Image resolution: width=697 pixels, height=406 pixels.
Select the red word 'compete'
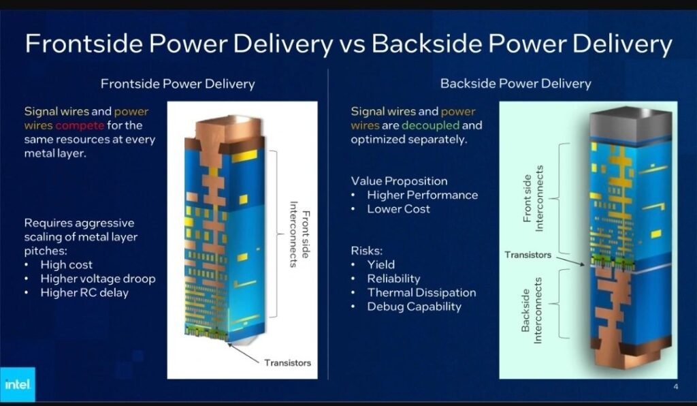pyautogui.click(x=80, y=125)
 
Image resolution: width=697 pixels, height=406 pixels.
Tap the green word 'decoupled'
pyautogui.click(x=430, y=125)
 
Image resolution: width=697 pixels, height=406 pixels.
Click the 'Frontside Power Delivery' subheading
pyautogui.click(x=178, y=84)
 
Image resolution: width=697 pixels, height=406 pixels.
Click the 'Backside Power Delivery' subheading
pyautogui.click(x=515, y=84)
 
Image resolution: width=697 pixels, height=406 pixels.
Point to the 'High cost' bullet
pyautogui.click(x=66, y=264)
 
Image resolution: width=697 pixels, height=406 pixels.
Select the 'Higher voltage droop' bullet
pyautogui.click(x=97, y=279)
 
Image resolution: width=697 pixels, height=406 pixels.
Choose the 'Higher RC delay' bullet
pyautogui.click(x=84, y=293)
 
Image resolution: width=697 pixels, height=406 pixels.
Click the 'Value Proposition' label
pyautogui.click(x=399, y=181)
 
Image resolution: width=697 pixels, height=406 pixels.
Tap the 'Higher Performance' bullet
pyautogui.click(x=422, y=195)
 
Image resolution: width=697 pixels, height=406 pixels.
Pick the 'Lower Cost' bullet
pyautogui.click(x=398, y=209)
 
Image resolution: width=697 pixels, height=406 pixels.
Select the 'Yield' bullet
pyautogui.click(x=380, y=264)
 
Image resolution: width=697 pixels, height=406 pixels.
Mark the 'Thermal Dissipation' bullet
pyautogui.click(x=421, y=292)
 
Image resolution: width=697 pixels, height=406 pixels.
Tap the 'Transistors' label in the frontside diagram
pyautogui.click(x=287, y=362)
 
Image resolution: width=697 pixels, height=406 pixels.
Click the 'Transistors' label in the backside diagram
pyautogui.click(x=528, y=255)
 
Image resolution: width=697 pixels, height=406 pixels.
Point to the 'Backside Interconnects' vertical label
pyautogui.click(x=531, y=310)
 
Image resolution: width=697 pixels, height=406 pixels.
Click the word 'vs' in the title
pyautogui.click(x=352, y=45)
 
